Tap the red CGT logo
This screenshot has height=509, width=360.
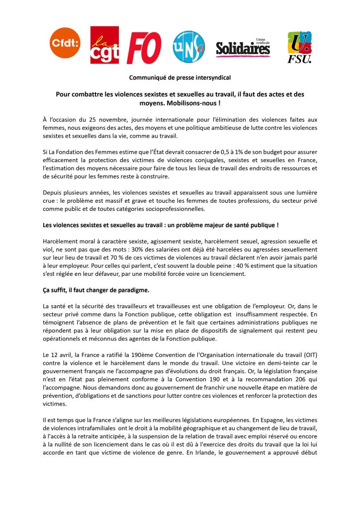pos(104,45)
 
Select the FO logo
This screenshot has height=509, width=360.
pos(144,47)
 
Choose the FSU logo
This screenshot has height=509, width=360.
pos(300,47)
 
